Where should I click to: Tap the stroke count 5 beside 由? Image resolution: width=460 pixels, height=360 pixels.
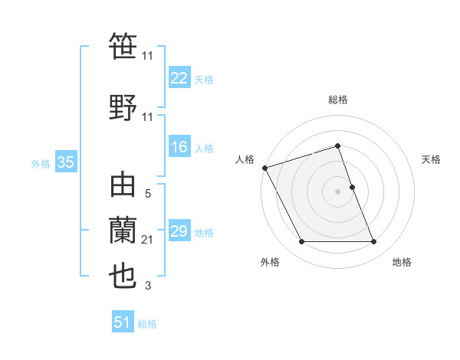[x=148, y=195]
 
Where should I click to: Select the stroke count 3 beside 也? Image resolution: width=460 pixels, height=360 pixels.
[x=148, y=286]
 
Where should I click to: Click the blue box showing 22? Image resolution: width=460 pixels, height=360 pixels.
[x=179, y=77]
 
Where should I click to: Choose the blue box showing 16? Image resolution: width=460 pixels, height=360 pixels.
[x=179, y=147]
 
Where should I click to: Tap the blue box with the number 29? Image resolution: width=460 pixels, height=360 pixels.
[x=179, y=231]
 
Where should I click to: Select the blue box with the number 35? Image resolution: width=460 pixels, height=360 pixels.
[x=65, y=162]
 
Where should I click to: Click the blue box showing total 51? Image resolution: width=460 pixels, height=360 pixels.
[x=123, y=322]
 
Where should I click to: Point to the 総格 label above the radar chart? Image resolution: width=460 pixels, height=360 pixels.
[x=337, y=100]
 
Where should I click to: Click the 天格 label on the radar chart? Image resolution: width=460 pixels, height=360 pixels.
[x=432, y=159]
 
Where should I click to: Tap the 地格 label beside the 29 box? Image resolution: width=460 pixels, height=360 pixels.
[x=204, y=232]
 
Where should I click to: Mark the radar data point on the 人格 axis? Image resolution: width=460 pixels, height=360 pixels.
[x=265, y=168]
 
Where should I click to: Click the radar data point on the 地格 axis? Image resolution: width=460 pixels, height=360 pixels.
[x=374, y=242]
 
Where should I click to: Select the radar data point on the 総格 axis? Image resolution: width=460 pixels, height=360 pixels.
[x=337, y=146]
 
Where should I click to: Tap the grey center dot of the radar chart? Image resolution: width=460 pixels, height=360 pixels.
[x=337, y=191]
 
